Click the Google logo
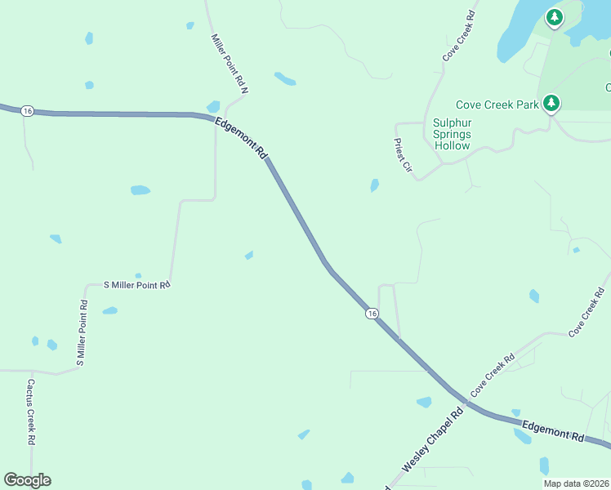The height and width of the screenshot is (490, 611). (x=27, y=480)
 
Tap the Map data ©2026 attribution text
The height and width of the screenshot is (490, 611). (x=576, y=483)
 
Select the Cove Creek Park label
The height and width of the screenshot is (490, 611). (x=497, y=105)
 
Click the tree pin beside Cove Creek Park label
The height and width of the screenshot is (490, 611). (x=552, y=104)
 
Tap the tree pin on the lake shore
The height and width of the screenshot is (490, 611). (x=555, y=17)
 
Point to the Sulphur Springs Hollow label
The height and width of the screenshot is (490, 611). (x=452, y=134)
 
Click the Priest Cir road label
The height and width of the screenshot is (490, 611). (x=402, y=154)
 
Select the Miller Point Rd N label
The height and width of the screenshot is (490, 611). (x=230, y=63)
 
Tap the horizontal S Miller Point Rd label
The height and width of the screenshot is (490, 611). (x=136, y=285)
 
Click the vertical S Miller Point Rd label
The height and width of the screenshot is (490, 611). (x=83, y=332)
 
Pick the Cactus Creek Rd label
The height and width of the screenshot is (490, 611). (x=30, y=411)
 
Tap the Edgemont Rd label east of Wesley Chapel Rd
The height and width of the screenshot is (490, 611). (x=553, y=430)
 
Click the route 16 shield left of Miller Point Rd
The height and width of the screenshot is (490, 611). (x=27, y=111)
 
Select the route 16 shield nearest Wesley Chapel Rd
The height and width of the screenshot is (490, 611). (x=372, y=313)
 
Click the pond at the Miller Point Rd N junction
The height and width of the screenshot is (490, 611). (x=213, y=106)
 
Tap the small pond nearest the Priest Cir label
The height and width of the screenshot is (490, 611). (x=374, y=185)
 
